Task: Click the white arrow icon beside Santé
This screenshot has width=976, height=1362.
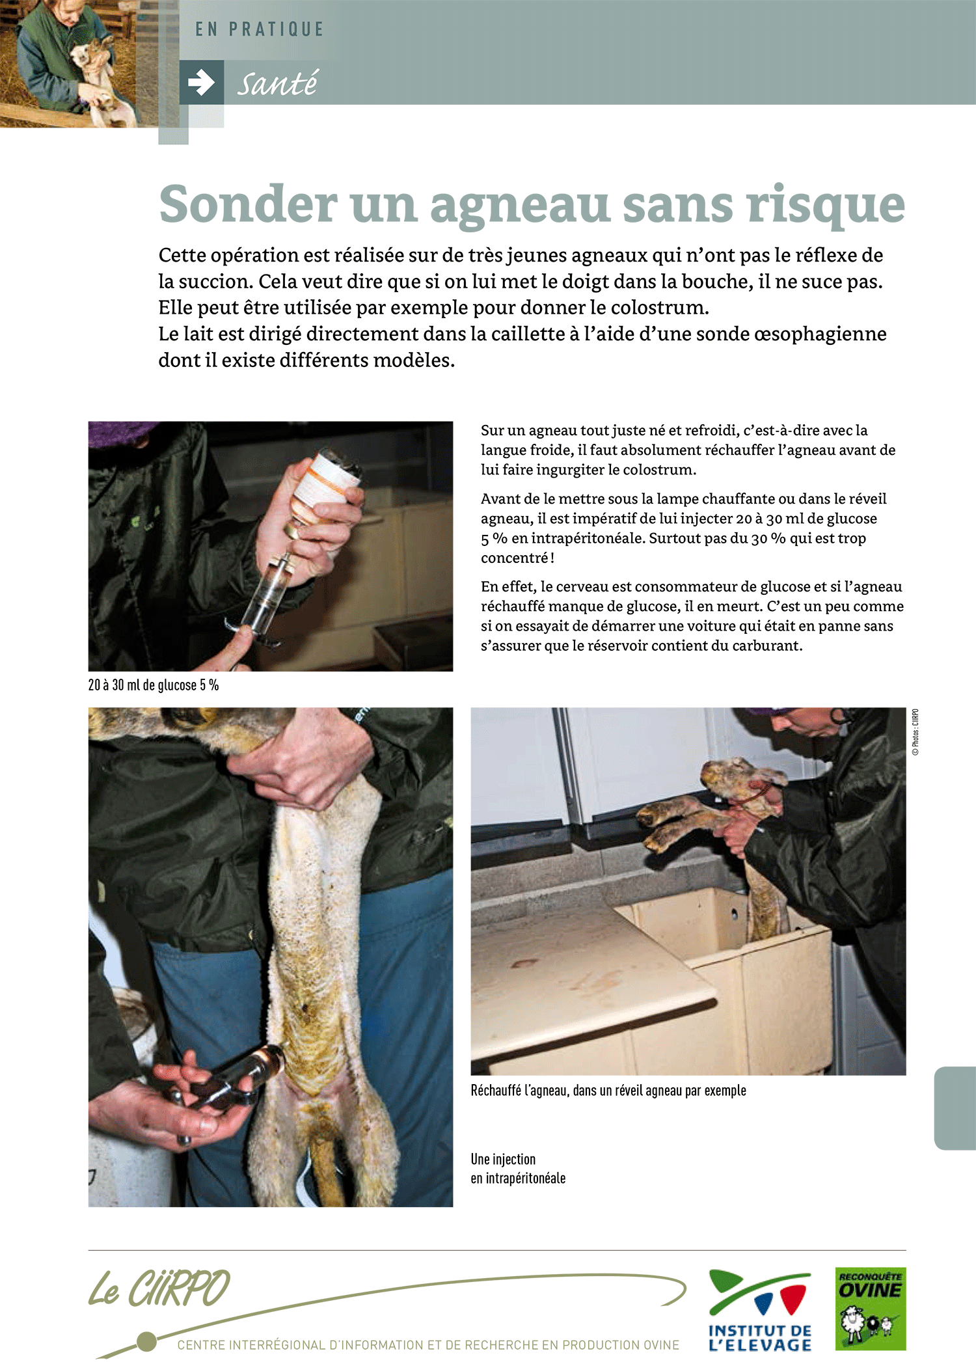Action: [201, 83]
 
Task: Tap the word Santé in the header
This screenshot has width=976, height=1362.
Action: [277, 83]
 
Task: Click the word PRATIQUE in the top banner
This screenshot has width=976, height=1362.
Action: [276, 29]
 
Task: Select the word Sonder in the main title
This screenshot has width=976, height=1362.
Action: [248, 204]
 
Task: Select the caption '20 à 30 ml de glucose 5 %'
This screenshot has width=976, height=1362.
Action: [154, 685]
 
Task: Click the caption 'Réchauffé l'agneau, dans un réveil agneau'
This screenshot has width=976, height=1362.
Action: [608, 1091]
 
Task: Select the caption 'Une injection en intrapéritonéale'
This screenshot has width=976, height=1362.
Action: [519, 1169]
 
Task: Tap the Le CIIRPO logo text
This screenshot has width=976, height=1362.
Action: [159, 1288]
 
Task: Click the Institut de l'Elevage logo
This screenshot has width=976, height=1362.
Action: [760, 1310]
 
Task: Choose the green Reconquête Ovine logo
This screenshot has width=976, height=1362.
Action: [871, 1309]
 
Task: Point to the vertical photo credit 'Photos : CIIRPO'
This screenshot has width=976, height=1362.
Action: [915, 731]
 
